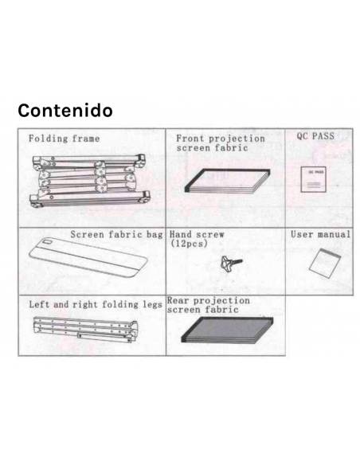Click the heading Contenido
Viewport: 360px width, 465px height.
(65, 110)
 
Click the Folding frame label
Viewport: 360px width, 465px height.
(65, 139)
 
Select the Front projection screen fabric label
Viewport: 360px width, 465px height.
(220, 143)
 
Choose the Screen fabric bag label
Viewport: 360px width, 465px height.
(116, 236)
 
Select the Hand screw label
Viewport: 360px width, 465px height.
(197, 236)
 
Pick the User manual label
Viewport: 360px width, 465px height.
(320, 236)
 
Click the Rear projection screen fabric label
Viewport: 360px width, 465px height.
(208, 306)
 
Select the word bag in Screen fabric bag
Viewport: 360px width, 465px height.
(154, 236)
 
